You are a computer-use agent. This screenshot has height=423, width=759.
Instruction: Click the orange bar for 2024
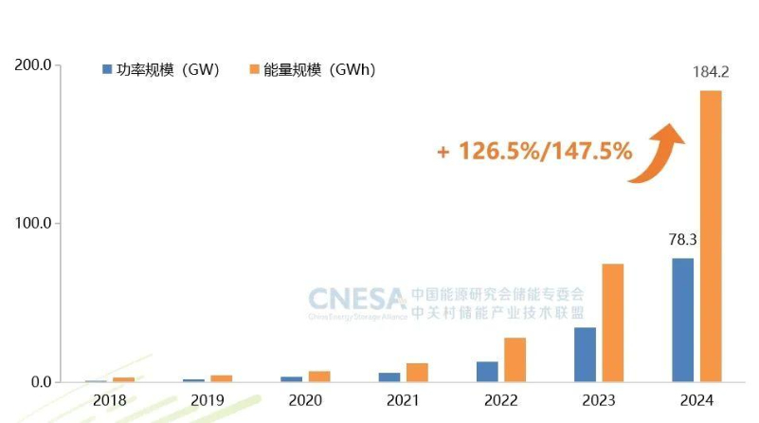pyautogui.click(x=711, y=236)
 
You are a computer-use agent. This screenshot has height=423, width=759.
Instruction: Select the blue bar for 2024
pyautogui.click(x=682, y=320)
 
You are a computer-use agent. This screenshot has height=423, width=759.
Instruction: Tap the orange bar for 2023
pyautogui.click(x=613, y=322)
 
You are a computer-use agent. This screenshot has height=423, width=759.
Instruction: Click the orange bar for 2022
pyautogui.click(x=515, y=359)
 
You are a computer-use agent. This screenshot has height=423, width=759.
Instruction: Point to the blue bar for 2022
pyautogui.click(x=487, y=371)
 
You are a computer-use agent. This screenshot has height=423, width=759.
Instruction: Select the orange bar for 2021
pyautogui.click(x=417, y=372)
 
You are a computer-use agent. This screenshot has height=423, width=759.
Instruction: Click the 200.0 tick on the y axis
pyautogui.click(x=32, y=65)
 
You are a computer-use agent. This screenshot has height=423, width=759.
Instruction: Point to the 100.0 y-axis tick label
pyautogui.click(x=32, y=224)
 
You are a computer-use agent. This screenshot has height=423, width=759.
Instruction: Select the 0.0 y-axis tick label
pyautogui.click(x=39, y=382)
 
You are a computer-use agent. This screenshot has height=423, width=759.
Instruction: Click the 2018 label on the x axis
pyautogui.click(x=109, y=401)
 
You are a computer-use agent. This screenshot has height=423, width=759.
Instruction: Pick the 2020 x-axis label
pyautogui.click(x=305, y=401)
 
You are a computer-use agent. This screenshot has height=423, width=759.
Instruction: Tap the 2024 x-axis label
pyautogui.click(x=696, y=401)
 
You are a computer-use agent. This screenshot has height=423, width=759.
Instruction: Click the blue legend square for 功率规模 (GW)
pyautogui.click(x=107, y=69)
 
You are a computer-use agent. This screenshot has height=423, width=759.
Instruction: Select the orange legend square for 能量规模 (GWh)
pyautogui.click(x=254, y=69)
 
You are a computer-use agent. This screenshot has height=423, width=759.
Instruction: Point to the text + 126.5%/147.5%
pyautogui.click(x=533, y=151)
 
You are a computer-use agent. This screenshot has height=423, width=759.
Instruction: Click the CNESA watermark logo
pyautogui.click(x=356, y=301)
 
